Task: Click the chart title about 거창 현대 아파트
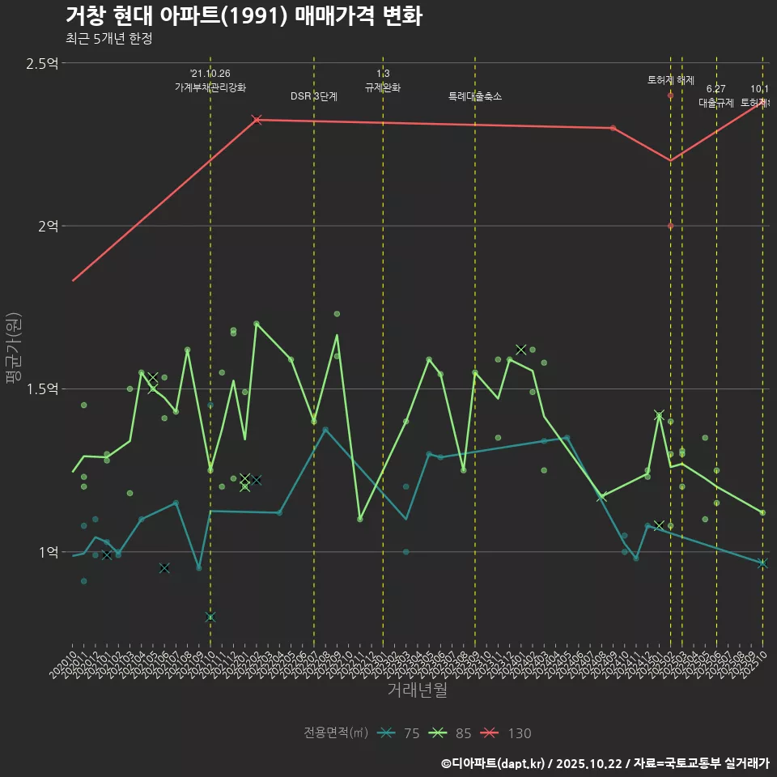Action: click(x=243, y=16)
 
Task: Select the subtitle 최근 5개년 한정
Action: click(x=108, y=38)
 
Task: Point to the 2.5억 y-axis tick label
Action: click(x=42, y=63)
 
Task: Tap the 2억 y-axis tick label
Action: click(x=48, y=226)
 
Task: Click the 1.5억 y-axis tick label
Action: click(x=42, y=389)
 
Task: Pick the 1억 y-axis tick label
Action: click(x=48, y=552)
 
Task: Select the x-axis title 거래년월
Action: click(x=417, y=690)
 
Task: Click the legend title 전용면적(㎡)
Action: click(x=336, y=733)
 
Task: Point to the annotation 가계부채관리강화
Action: click(x=210, y=87)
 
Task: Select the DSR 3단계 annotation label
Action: click(x=314, y=96)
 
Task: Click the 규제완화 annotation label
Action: click(x=383, y=87)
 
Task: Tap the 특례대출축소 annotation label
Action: click(x=475, y=96)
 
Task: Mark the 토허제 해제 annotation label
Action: click(x=671, y=80)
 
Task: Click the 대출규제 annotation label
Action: click(x=716, y=103)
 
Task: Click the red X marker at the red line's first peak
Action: click(x=257, y=120)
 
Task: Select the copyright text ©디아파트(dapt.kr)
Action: click(x=495, y=763)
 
